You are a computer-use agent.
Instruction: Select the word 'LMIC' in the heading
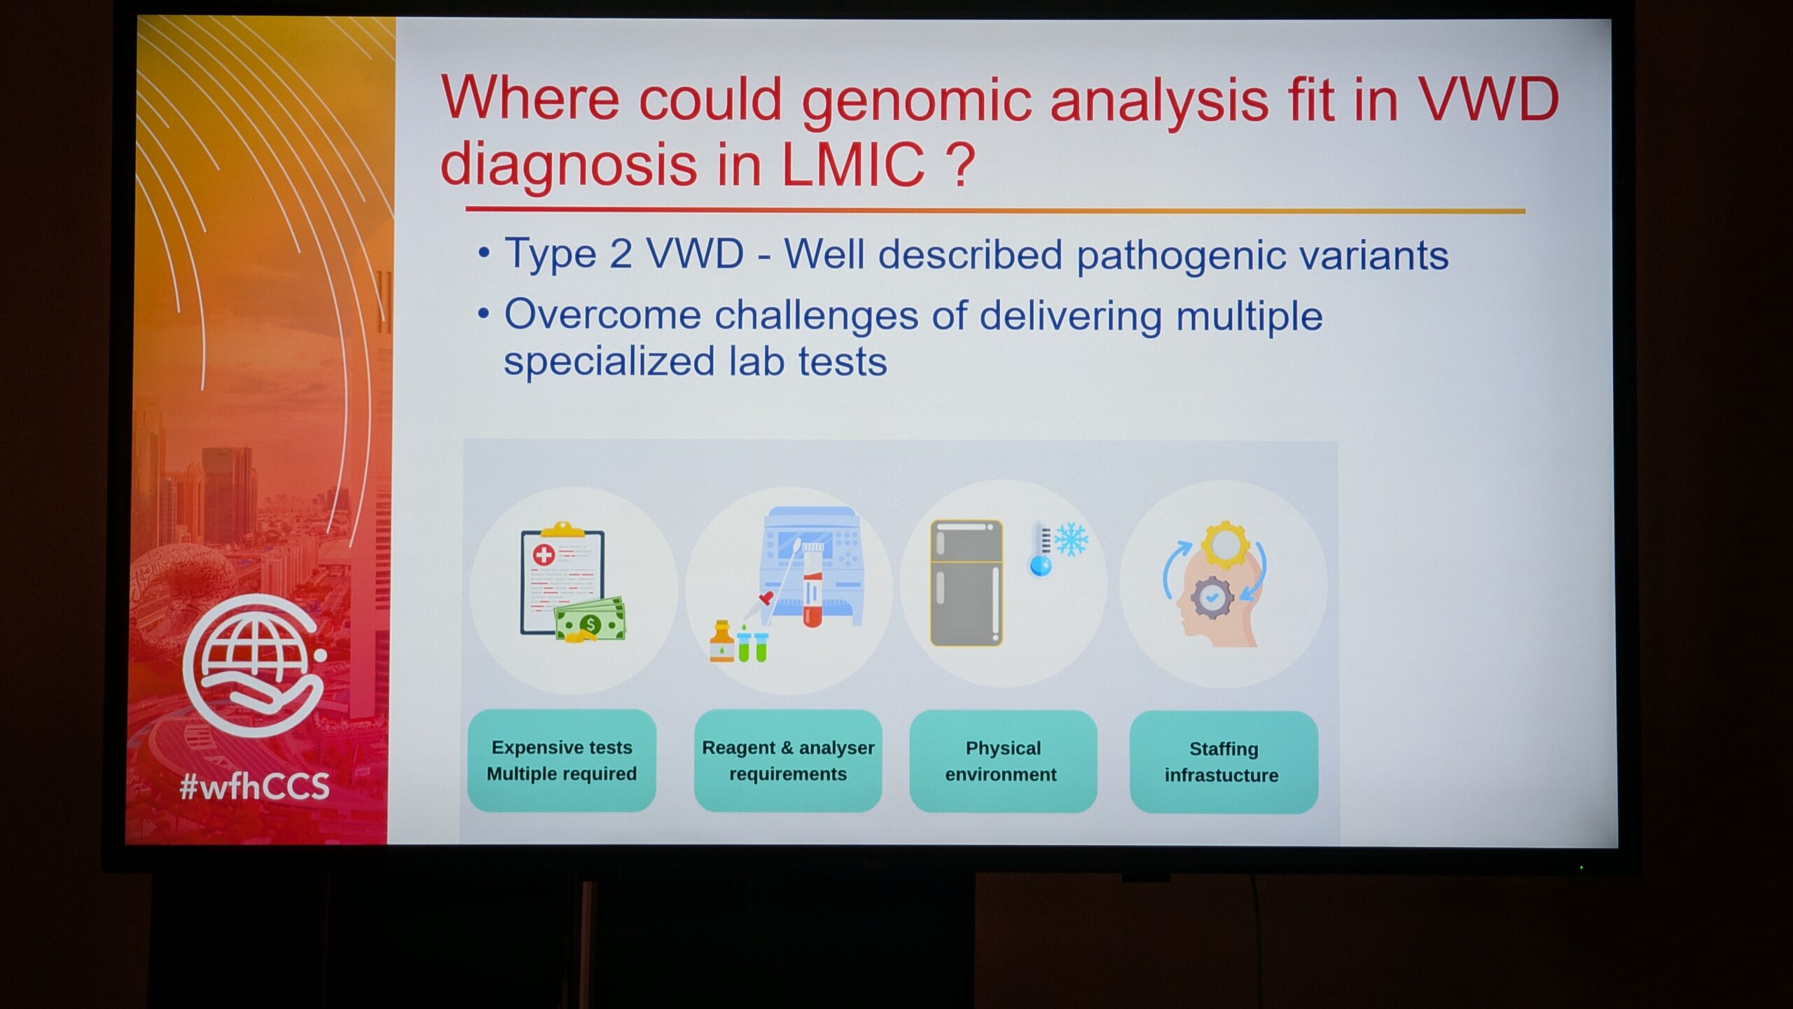pyautogui.click(x=852, y=164)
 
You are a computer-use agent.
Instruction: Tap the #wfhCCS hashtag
pyautogui.click(x=254, y=787)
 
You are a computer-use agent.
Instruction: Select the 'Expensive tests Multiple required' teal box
pyautogui.click(x=562, y=761)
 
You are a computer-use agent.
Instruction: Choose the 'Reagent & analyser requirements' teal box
pyautogui.click(x=788, y=761)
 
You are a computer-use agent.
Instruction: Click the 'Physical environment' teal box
pyautogui.click(x=1003, y=762)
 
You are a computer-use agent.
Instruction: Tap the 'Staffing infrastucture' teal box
pyautogui.click(x=1224, y=762)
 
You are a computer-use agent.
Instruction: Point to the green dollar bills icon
pyautogui.click(x=590, y=620)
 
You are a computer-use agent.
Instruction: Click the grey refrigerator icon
pyautogui.click(x=967, y=582)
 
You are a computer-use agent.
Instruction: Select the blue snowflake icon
pyautogui.click(x=1072, y=540)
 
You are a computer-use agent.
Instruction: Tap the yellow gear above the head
pyautogui.click(x=1225, y=544)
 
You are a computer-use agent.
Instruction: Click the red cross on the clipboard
pyautogui.click(x=544, y=556)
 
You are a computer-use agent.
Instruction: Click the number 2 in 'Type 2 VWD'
pyautogui.click(x=620, y=254)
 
